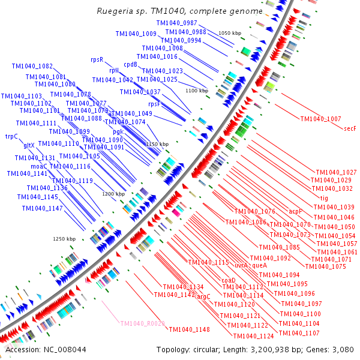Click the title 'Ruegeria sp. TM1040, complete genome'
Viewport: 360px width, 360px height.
[x=180, y=11]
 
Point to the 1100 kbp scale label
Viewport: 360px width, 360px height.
[x=197, y=91]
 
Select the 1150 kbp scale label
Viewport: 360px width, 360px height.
[x=158, y=144]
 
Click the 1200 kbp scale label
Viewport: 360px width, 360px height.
[x=113, y=194]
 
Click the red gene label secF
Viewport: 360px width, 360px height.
[x=350, y=128]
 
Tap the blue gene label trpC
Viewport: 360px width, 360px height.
[x=11, y=136]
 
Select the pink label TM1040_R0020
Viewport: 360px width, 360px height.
[x=142, y=323]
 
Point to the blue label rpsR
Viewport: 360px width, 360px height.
[x=97, y=59]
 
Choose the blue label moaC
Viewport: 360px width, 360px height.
[x=39, y=166]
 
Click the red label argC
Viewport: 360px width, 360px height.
[x=204, y=296]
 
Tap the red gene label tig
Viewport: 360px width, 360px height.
[x=324, y=198]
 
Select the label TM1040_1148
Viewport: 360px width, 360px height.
[x=189, y=329]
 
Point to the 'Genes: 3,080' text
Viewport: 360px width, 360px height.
[x=328, y=349]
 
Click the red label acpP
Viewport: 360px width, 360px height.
[x=295, y=212]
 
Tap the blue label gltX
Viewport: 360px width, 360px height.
[x=29, y=145]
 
